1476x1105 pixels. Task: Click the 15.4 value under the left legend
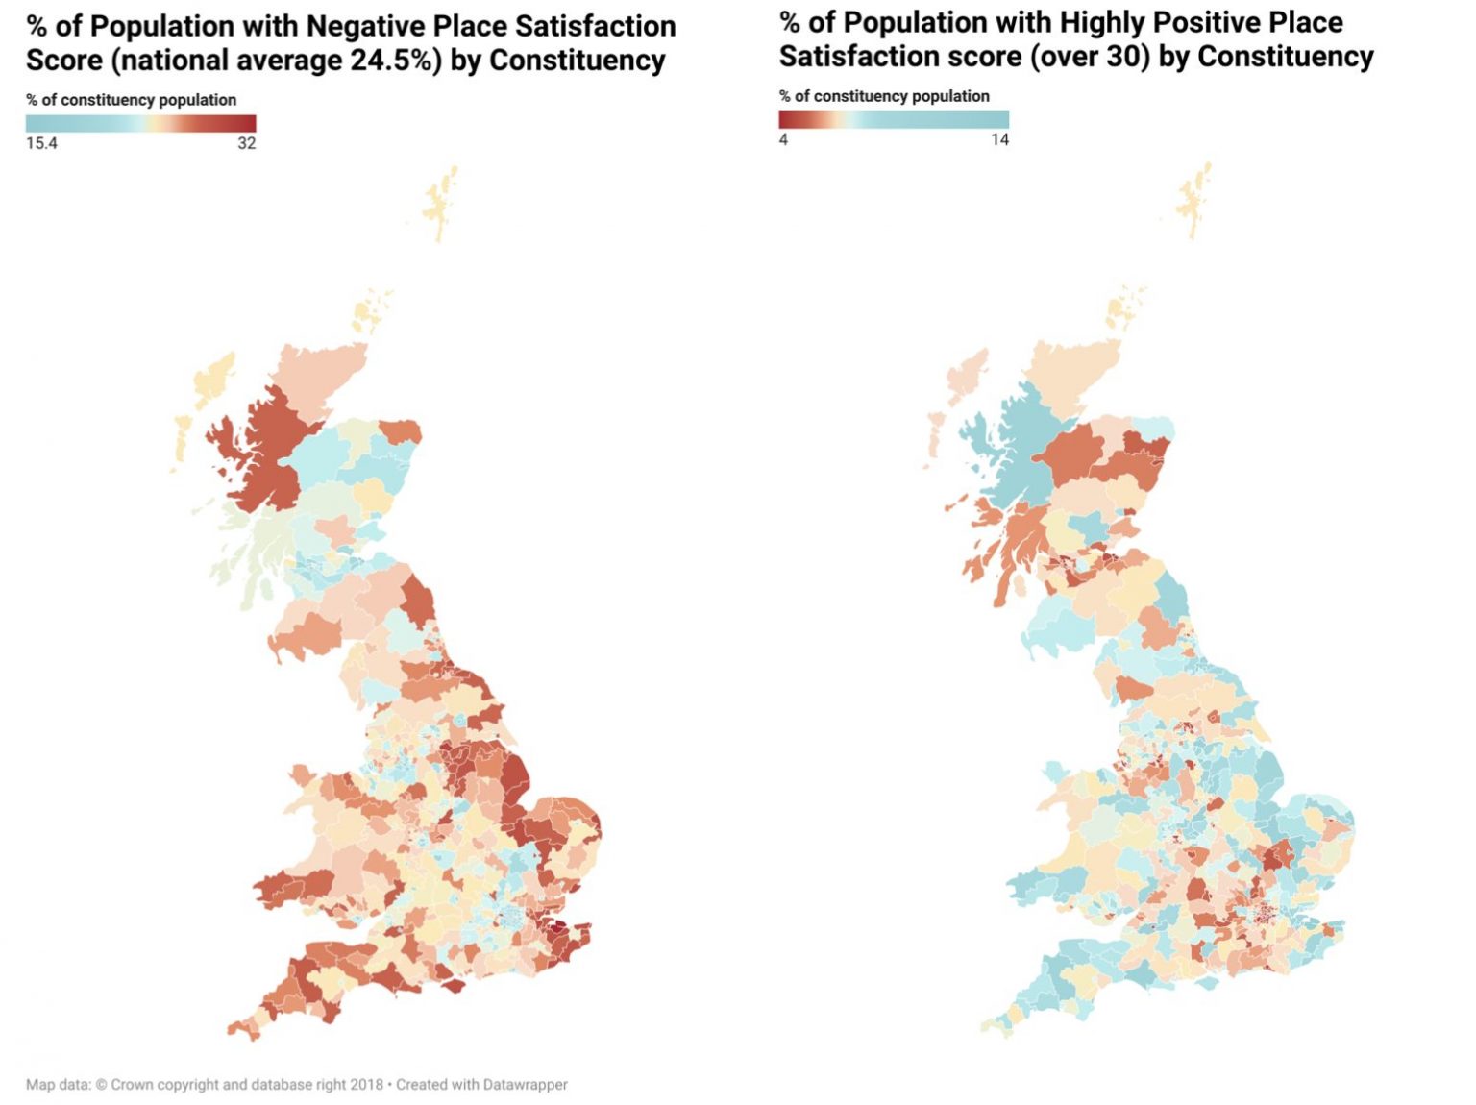tap(41, 143)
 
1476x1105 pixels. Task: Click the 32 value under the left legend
tap(247, 143)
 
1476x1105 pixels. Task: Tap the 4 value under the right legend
tap(783, 139)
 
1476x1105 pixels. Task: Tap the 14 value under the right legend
tap(999, 139)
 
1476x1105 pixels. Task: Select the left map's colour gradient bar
tap(140, 123)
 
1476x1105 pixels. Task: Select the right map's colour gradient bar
tap(894, 119)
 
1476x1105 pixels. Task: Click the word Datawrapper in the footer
tap(525, 1085)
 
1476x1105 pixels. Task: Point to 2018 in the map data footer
tap(366, 1085)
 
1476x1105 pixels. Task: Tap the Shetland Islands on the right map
tap(1194, 200)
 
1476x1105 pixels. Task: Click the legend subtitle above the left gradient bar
tap(131, 100)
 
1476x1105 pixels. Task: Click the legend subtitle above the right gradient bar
tap(884, 96)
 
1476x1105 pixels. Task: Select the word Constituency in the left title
tap(577, 61)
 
